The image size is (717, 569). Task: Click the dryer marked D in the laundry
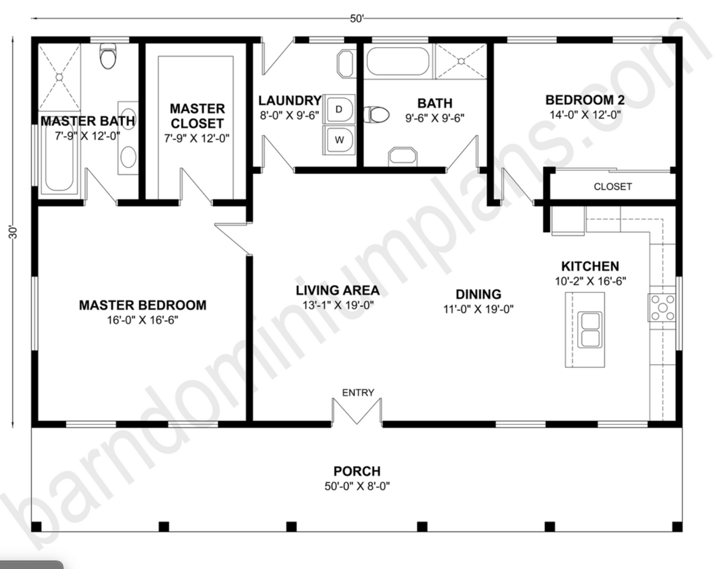pyautogui.click(x=339, y=109)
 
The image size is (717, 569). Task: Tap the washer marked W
pyautogui.click(x=339, y=140)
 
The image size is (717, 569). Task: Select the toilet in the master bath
pyautogui.click(x=108, y=56)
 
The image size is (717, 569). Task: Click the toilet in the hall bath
pyautogui.click(x=377, y=115)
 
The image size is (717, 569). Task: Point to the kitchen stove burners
pyautogui.click(x=662, y=307)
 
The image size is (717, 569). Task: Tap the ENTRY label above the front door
pyautogui.click(x=358, y=393)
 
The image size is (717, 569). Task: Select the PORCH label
pyautogui.click(x=357, y=471)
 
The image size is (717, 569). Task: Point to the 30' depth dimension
pyautogui.click(x=13, y=232)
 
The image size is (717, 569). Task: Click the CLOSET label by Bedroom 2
pyautogui.click(x=613, y=187)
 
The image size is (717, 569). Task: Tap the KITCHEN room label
pyautogui.click(x=590, y=266)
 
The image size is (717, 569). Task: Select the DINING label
pyautogui.click(x=478, y=294)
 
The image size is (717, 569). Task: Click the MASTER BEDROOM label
pyautogui.click(x=142, y=305)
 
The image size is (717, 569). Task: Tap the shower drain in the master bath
pyautogui.click(x=60, y=77)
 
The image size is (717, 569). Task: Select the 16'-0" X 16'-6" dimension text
pyautogui.click(x=142, y=320)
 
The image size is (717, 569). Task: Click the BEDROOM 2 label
pyautogui.click(x=585, y=100)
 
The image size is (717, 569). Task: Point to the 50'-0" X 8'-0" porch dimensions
pyautogui.click(x=357, y=486)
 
